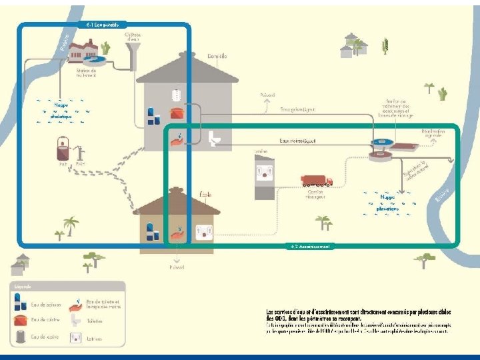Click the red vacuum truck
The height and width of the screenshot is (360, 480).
tap(317, 180)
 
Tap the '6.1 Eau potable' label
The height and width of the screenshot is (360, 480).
tap(103, 25)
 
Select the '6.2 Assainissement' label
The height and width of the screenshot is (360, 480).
tap(310, 246)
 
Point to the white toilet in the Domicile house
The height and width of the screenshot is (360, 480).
tap(214, 138)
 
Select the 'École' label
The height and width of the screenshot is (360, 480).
tap(206, 195)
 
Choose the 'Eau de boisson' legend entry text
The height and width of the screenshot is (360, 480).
tap(46, 305)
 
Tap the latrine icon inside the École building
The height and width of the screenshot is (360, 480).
tap(203, 233)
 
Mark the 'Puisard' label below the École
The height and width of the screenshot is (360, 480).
tap(177, 267)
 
